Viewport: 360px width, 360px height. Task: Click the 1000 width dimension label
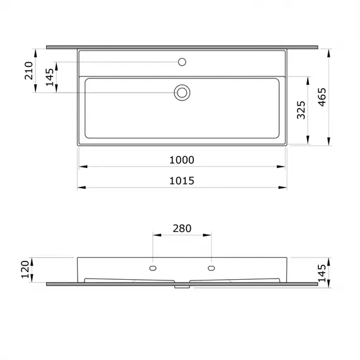182,160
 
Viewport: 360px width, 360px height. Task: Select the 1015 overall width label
182,181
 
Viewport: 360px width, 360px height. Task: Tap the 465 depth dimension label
322,97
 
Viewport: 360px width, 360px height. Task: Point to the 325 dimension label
301,110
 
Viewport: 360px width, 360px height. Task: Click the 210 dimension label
28,71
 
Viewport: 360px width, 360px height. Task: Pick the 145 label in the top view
50,77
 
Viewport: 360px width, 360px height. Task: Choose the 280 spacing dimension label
182,229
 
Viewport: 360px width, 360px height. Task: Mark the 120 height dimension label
25,269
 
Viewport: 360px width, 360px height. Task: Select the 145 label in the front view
322,273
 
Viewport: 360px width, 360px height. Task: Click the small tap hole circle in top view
182,62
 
